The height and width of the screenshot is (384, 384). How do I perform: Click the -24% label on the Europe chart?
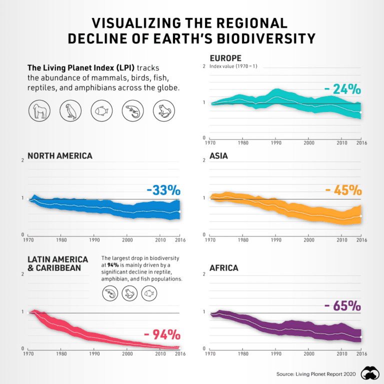pyautogui.click(x=342, y=89)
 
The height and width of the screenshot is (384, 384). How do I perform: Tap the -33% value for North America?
pyautogui.click(x=163, y=190)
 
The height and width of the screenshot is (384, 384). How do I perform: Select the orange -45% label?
pyautogui.click(x=342, y=190)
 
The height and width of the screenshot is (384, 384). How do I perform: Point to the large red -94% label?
pyautogui.click(x=161, y=334)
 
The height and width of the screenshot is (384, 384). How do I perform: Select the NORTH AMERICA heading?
pyautogui.click(x=60, y=156)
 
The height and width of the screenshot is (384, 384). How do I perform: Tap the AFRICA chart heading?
pyautogui.click(x=224, y=268)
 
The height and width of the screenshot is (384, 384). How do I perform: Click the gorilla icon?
pyautogui.click(x=38, y=110)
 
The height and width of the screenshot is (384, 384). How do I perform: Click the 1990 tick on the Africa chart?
pyautogui.click(x=276, y=354)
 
